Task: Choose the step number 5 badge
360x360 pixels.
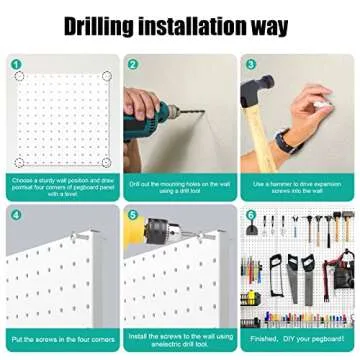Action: pos(133,214)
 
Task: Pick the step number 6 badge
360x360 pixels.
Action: pos(250,214)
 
